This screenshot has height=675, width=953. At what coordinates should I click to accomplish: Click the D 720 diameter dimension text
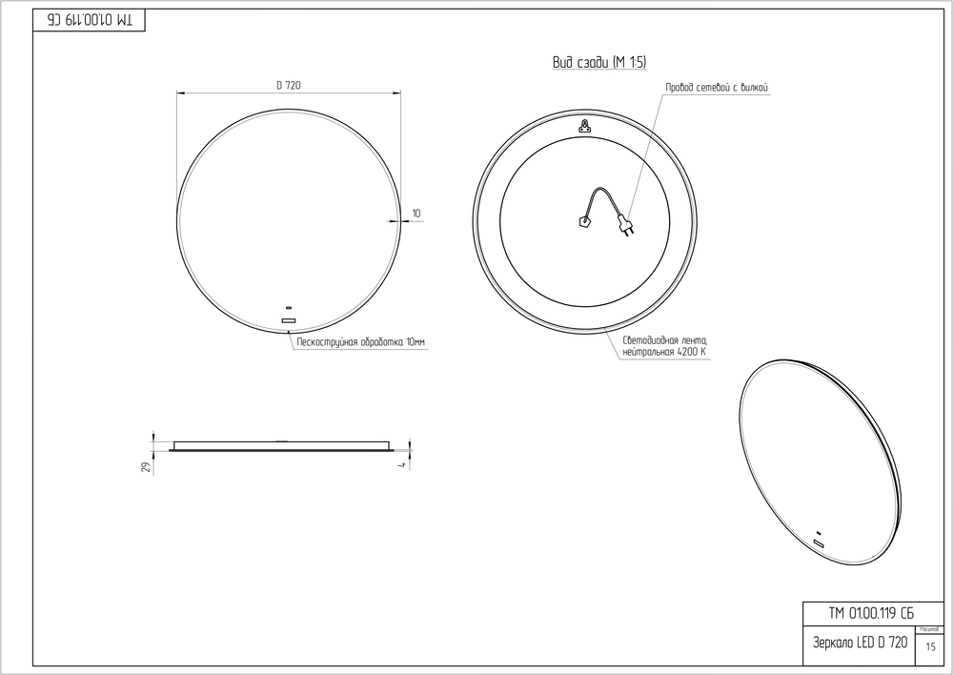point(289,86)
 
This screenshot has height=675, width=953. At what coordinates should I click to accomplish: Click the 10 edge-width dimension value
point(416,212)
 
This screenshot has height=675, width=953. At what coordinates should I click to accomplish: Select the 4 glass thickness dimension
point(403,464)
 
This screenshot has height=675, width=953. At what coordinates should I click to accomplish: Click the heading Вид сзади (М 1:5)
point(599,63)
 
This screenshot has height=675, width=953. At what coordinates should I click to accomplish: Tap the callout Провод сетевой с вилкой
point(716,88)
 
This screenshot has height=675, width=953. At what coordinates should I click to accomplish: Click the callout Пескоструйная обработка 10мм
point(361,341)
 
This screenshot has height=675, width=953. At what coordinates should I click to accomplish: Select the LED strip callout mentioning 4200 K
point(664,346)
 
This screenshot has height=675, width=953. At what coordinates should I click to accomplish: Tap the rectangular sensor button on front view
point(289,320)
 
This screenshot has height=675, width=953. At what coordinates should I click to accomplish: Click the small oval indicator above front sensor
point(289,309)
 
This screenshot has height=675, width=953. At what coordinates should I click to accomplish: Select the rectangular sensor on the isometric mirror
point(819,543)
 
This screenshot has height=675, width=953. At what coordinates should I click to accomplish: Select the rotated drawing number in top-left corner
point(91,21)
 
